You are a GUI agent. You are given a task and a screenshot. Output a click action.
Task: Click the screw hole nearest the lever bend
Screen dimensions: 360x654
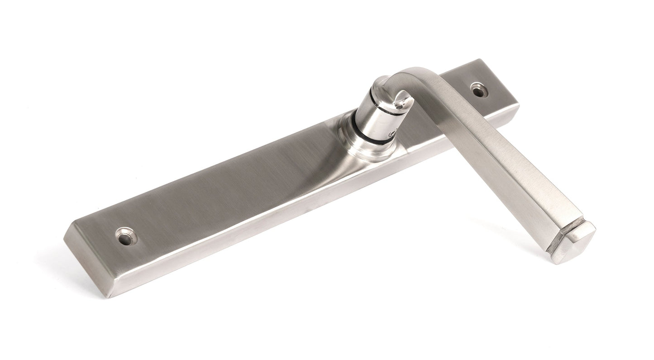(x=478, y=90)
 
